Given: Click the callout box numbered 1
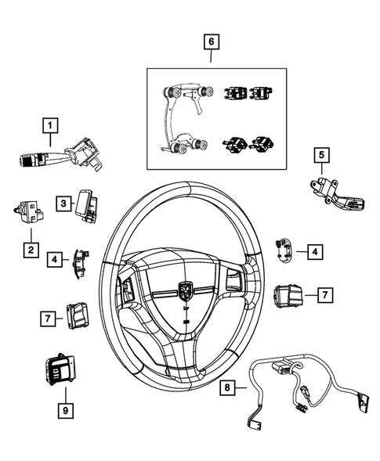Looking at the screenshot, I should tap(50, 125).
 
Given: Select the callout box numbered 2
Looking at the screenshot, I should tap(31, 250).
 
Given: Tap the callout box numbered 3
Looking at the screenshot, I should tap(63, 203).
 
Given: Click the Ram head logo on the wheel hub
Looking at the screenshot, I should tap(186, 291).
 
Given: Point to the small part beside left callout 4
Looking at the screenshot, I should tap(82, 262).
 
